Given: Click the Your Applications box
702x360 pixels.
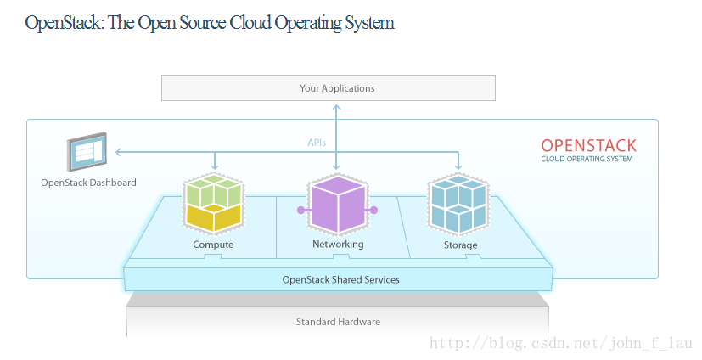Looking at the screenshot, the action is (x=329, y=87).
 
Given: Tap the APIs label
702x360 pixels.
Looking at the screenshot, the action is (x=317, y=143).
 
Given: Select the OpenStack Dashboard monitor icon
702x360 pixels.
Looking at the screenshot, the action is (x=87, y=151).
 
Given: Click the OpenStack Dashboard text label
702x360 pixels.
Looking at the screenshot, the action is (x=88, y=183).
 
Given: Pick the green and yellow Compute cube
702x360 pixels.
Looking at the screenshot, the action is (x=214, y=203).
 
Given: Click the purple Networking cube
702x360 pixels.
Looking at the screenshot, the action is (x=338, y=205).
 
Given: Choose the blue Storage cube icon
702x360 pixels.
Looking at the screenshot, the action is (x=458, y=205).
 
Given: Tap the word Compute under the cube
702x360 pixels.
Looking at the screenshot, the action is (x=213, y=245).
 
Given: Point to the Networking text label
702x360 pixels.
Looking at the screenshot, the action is (x=338, y=244).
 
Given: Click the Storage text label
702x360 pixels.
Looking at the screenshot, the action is (x=460, y=245).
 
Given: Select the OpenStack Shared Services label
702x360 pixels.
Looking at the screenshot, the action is (x=340, y=280).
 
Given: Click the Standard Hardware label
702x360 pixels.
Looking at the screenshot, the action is (x=338, y=322).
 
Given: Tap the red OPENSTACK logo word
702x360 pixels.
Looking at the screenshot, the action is (x=588, y=145).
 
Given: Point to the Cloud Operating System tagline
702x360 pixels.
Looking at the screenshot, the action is (x=587, y=159).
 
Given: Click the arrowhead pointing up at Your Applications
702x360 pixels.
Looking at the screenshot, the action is (x=337, y=108).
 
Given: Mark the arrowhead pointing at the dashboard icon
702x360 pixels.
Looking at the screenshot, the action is (x=118, y=152).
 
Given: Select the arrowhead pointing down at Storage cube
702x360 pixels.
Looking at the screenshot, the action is (x=458, y=167).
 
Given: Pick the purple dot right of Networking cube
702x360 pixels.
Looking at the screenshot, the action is (x=374, y=210).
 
